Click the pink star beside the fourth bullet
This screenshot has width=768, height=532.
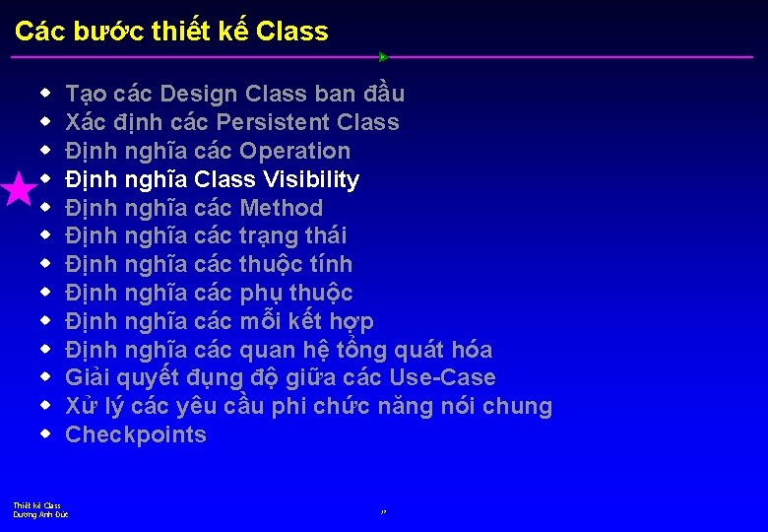click(x=19, y=188)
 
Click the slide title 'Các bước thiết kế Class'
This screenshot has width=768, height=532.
click(x=172, y=32)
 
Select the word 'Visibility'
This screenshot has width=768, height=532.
click(x=311, y=179)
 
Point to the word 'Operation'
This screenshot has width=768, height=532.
click(x=294, y=151)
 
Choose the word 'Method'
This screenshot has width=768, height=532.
click(x=281, y=208)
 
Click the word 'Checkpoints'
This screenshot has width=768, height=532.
click(x=136, y=434)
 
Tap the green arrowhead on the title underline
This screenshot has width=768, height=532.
click(x=384, y=57)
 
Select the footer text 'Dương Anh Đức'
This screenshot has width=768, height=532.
click(x=40, y=514)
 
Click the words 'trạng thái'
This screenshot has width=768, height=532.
click(x=292, y=235)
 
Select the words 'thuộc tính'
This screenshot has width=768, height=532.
click(x=295, y=264)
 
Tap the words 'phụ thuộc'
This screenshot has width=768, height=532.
click(x=295, y=293)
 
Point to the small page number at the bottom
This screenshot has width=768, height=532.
click(x=383, y=512)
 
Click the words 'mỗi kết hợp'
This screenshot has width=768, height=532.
click(x=306, y=321)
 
